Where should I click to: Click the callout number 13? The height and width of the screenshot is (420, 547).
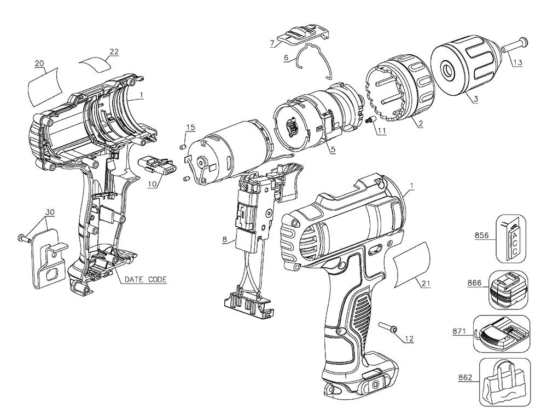517,62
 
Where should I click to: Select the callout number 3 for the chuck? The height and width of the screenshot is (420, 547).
476,99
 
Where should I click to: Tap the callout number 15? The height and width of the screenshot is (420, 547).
190,127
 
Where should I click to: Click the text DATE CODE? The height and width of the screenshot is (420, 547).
146,279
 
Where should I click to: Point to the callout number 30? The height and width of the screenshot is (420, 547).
50,212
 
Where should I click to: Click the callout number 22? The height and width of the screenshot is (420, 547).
114,51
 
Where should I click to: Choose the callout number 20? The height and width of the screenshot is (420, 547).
39,64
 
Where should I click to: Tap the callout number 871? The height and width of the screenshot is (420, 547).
458,332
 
